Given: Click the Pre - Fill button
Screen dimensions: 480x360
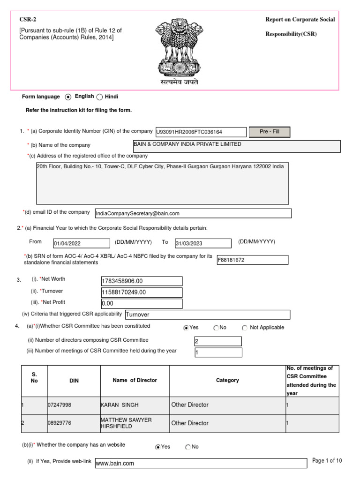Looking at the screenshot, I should [x=269, y=132].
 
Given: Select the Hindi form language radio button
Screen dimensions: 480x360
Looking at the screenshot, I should [x=99, y=97].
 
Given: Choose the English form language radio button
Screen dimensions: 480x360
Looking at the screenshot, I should [x=68, y=97].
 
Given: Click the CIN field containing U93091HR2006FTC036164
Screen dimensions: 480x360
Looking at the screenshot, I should [x=200, y=133].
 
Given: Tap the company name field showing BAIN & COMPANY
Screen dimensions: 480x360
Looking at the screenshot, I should [x=236, y=146].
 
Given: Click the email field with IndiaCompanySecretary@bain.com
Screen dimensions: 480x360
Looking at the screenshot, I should [x=193, y=213].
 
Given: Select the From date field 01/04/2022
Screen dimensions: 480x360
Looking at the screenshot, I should [x=80, y=243].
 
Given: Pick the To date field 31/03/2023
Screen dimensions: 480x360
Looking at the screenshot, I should [x=202, y=243].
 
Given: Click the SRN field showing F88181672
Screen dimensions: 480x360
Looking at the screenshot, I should [x=252, y=260].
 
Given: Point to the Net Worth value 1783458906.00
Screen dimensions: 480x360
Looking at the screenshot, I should [x=141, y=281].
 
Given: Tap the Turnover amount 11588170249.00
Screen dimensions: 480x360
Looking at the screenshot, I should [x=141, y=292].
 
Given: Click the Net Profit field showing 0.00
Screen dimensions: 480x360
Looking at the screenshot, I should [x=141, y=303].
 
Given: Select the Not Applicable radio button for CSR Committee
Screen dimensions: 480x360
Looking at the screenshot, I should [x=245, y=328].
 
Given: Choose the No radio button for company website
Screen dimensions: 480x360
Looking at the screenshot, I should [x=188, y=447].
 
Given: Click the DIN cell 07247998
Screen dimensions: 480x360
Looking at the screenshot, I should [x=74, y=405].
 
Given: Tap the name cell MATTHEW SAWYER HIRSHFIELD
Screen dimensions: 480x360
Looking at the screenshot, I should [x=135, y=423].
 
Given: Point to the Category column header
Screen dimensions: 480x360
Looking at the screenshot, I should [x=227, y=381].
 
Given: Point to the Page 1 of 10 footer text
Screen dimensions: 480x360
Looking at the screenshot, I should [x=327, y=461].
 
